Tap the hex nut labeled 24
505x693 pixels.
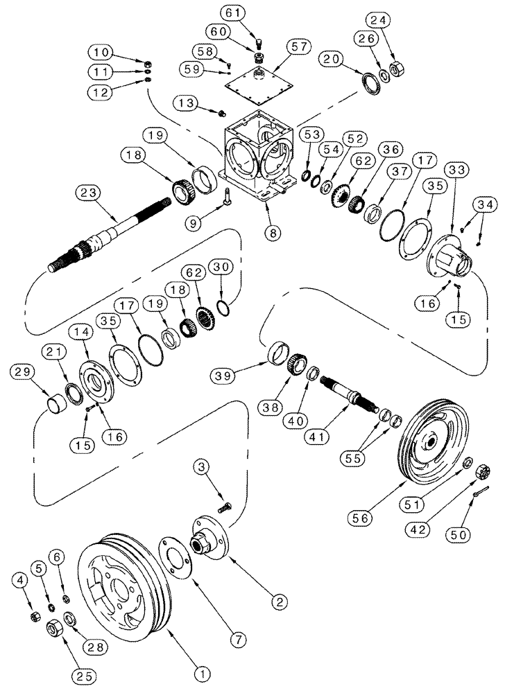tap(400, 68)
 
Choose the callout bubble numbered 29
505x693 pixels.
tap(23, 373)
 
